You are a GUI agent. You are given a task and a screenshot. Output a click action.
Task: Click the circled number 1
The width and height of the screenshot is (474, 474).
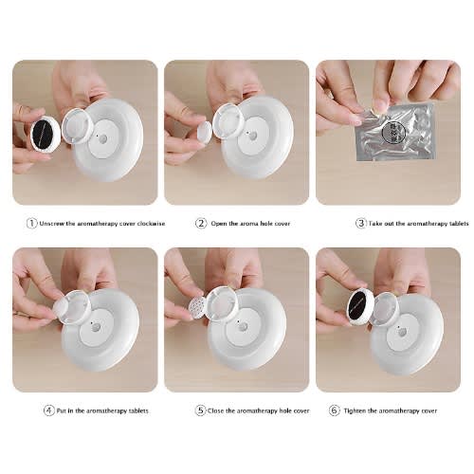[31, 224]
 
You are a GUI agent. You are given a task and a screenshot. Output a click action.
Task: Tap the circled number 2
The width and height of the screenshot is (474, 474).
[201, 224]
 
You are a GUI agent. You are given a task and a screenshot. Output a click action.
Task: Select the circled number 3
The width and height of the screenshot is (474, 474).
[360, 224]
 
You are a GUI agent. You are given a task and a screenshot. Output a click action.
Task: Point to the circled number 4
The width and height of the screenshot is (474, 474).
[48, 410]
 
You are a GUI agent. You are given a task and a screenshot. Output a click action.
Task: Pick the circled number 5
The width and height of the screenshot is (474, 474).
[200, 410]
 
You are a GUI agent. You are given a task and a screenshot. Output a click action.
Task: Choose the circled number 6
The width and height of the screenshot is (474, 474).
[334, 410]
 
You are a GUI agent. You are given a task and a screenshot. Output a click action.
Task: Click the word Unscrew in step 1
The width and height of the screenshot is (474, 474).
[52, 224]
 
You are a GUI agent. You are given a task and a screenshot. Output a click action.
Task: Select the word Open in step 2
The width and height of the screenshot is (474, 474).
[219, 224]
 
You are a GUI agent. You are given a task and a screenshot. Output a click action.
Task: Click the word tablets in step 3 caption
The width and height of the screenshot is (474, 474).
[457, 224]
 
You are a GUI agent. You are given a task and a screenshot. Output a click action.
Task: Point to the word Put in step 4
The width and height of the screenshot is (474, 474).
[62, 411]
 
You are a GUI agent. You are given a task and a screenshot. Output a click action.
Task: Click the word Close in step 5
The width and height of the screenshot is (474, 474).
[215, 411]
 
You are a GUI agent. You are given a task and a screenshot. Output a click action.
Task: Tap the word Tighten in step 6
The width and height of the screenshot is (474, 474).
[355, 411]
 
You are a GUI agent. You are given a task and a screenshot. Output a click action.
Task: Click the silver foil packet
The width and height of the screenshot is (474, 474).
[395, 131]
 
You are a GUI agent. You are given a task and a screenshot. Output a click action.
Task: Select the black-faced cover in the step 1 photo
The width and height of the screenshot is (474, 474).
[46, 134]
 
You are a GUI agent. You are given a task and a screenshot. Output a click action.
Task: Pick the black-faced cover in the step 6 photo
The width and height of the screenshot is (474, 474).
[360, 307]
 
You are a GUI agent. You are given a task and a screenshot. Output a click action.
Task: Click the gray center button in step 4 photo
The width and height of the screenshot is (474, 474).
[96, 327]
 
